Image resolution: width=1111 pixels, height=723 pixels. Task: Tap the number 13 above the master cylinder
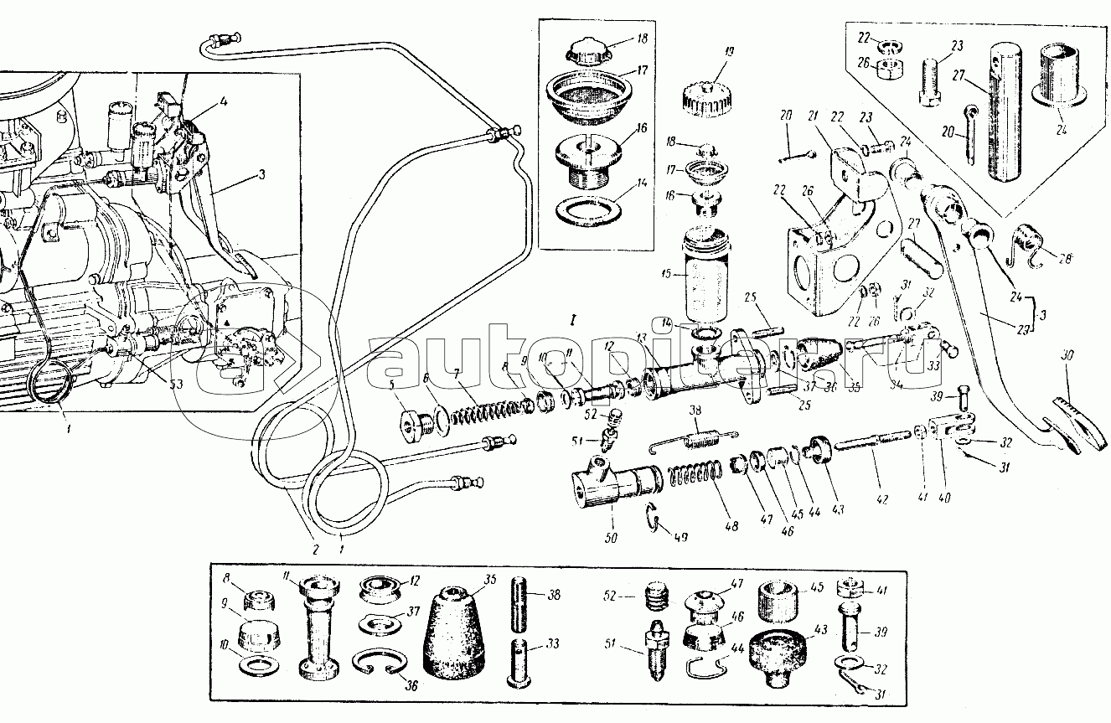[641, 338]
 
